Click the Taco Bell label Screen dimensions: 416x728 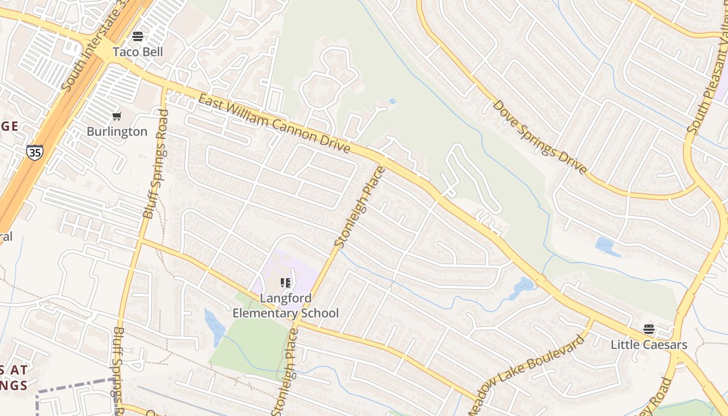point(138,52)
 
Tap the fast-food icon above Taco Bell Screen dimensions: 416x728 point(138,36)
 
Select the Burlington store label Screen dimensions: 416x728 point(117,132)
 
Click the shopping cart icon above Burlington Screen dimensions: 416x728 point(117,116)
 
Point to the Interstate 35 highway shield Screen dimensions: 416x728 point(34,152)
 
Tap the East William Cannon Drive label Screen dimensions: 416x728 point(274,124)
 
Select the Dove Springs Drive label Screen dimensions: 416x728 point(540,137)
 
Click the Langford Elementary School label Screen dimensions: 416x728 point(285,306)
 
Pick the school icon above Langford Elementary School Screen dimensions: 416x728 point(285,283)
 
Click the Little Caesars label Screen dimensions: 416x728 point(649,345)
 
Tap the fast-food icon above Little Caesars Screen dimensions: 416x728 point(648,329)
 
